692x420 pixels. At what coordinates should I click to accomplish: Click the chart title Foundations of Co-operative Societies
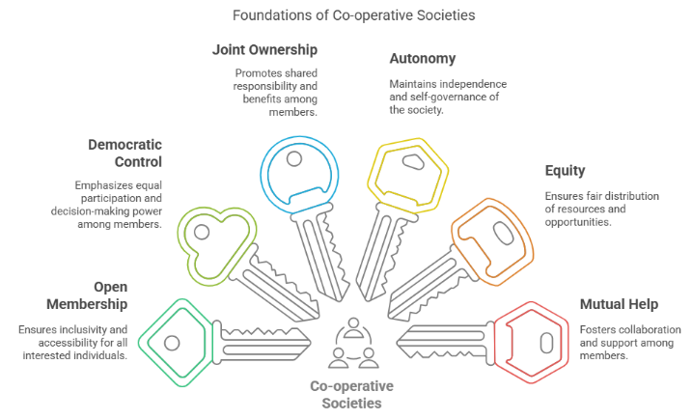click(346, 15)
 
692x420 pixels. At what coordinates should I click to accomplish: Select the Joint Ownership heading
click(266, 49)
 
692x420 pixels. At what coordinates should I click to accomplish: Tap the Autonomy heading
click(423, 59)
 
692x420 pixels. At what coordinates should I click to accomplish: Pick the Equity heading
click(566, 171)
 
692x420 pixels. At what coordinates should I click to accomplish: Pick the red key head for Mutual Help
click(535, 341)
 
